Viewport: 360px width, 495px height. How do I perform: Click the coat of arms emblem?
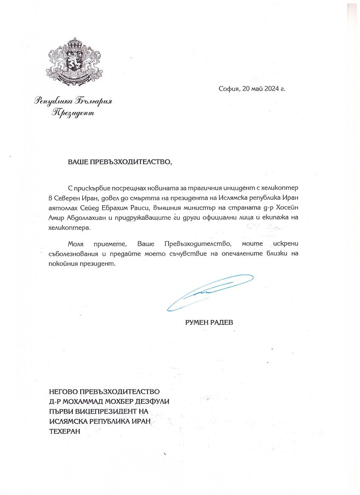tap(75, 62)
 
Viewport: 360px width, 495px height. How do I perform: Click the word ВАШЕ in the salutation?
tap(77, 162)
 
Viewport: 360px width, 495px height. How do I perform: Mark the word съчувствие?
tap(198, 254)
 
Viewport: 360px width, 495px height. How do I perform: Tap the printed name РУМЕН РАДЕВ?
tap(209, 322)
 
